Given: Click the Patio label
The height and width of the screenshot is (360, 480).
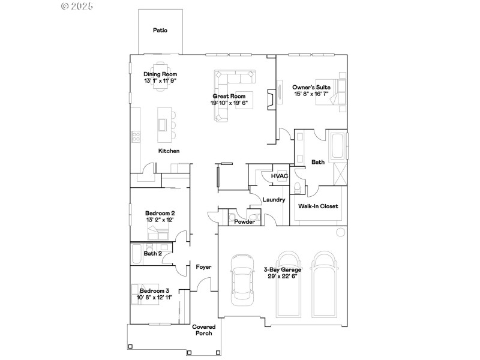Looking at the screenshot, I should coord(160,30).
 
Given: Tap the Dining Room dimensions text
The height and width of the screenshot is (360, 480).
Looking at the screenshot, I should coord(160,80).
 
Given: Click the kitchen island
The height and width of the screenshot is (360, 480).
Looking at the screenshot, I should coord(163,124).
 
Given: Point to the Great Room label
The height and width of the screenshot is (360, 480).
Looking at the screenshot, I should coord(229,96).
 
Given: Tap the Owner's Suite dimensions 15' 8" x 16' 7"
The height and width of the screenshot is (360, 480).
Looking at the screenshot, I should coord(311,94).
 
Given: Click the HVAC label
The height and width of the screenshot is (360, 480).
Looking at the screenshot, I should coord(280,176).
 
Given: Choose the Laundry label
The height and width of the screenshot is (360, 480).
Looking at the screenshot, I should coord(274,200).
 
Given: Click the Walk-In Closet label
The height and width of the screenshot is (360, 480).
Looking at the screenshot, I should coord(318,206).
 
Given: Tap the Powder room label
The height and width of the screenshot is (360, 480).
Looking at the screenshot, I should coord(244,222).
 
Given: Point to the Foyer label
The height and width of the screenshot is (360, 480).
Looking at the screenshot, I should coord(203,266).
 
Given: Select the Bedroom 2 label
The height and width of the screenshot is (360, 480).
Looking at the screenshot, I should coord(160,213).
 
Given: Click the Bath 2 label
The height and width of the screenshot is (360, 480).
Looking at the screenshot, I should coord(152,254).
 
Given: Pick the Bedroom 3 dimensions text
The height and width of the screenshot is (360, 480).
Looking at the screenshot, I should coord(155,298).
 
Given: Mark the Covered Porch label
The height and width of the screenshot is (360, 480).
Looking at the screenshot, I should coord(203,330).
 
